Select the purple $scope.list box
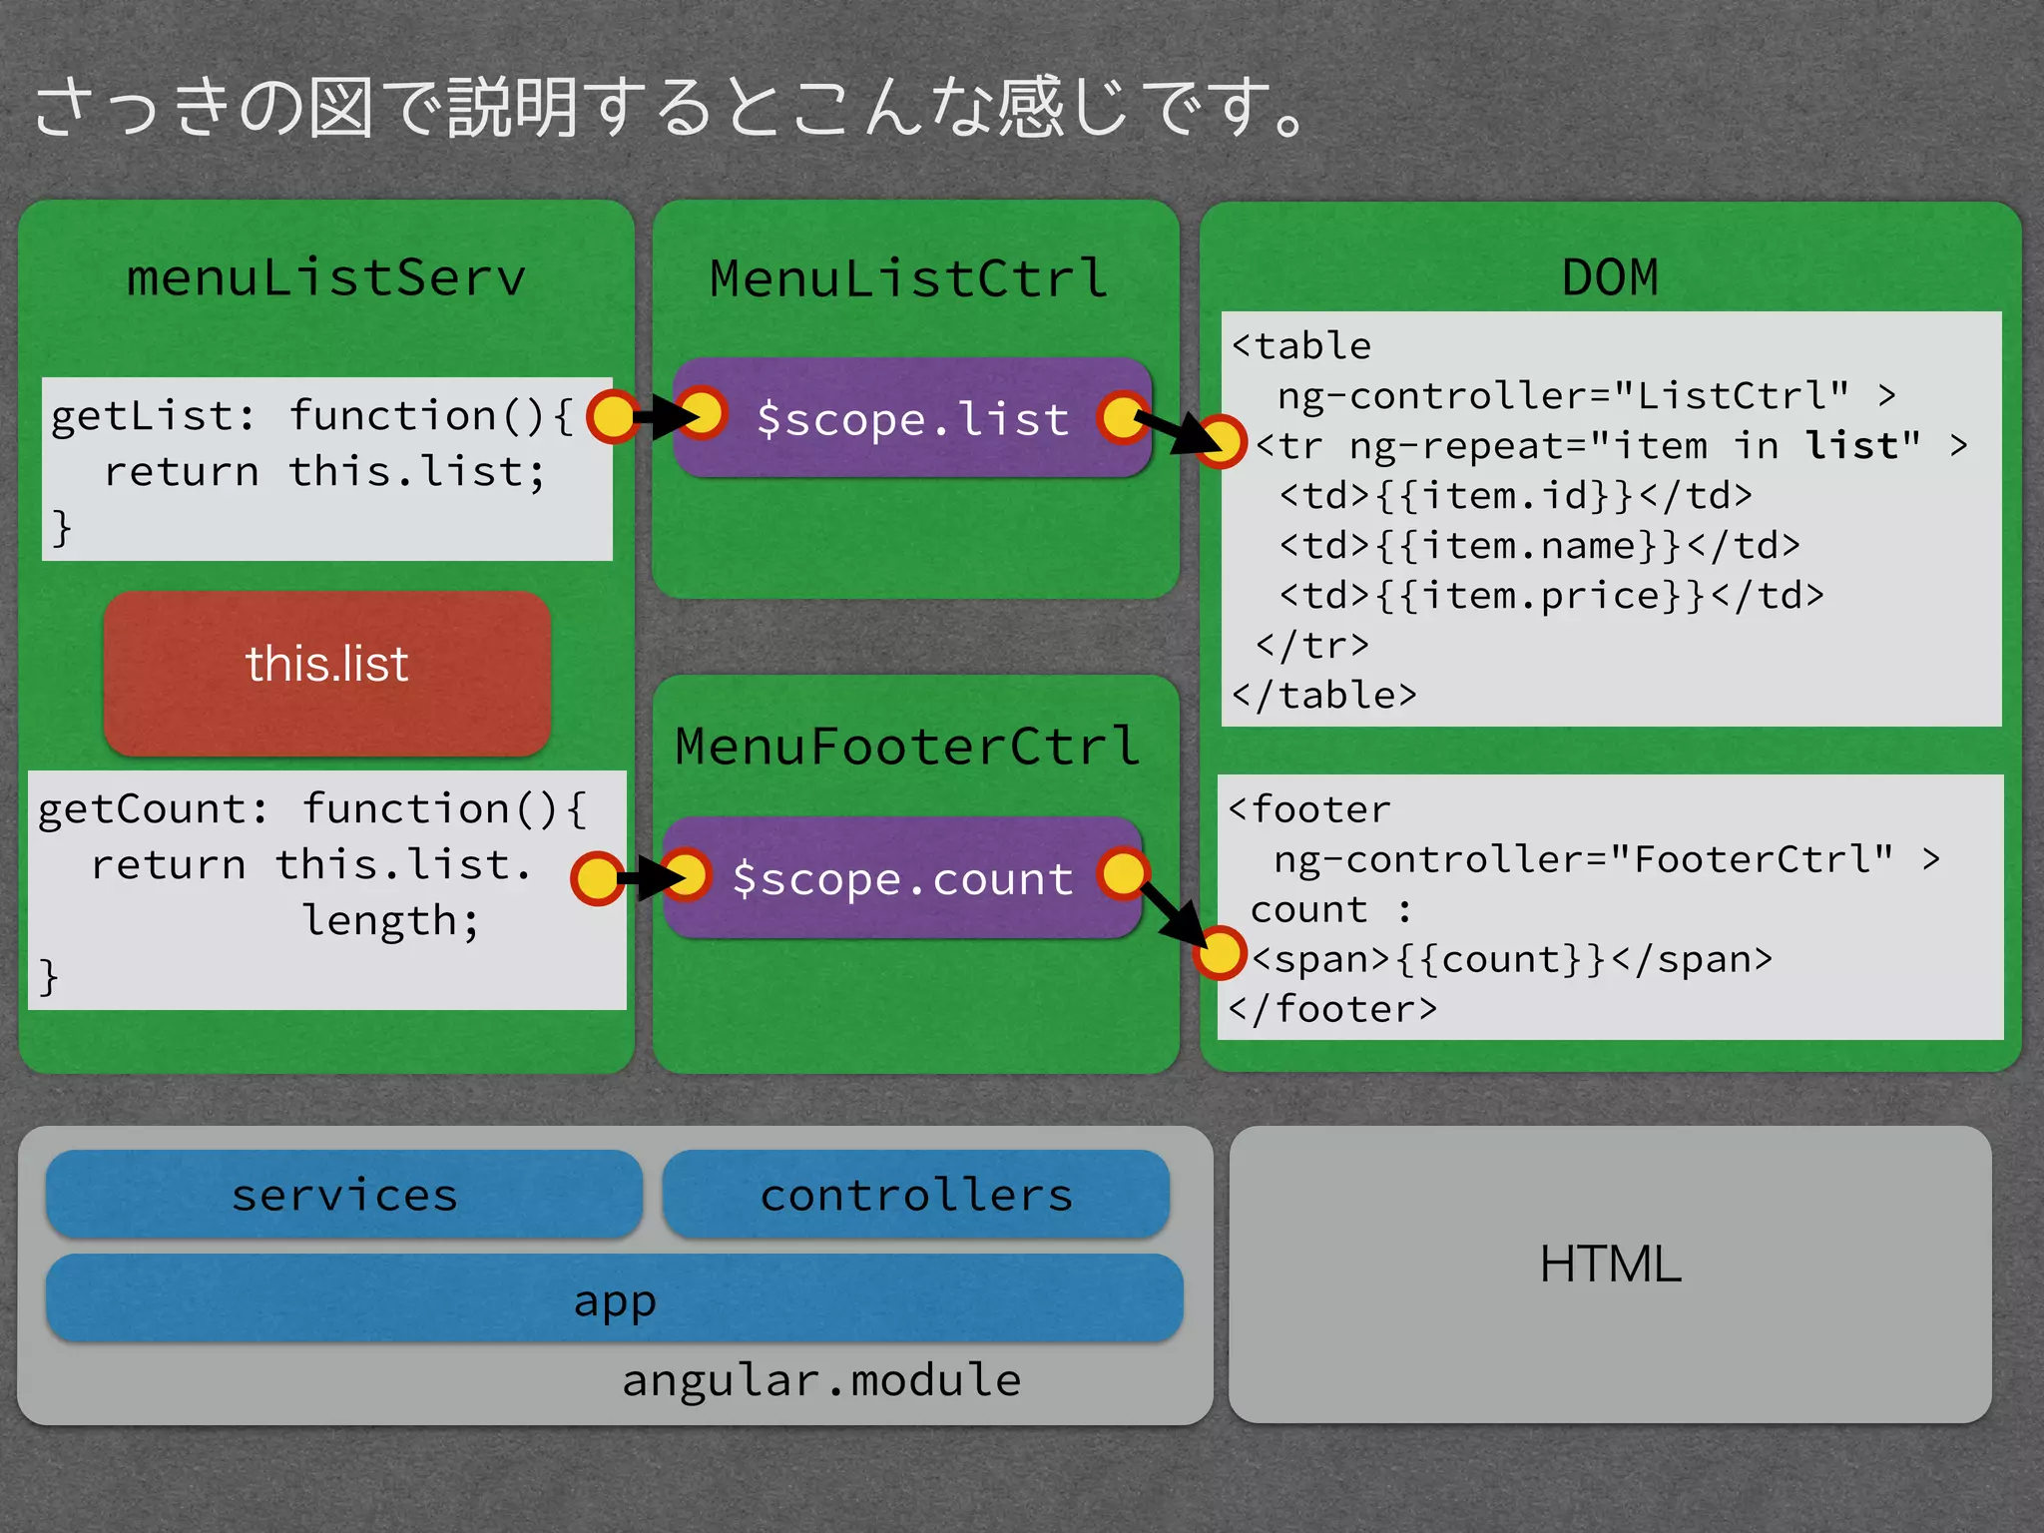coord(911,418)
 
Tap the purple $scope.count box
coord(901,878)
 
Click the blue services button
coord(343,1195)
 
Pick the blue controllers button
coord(915,1195)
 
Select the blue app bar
coord(614,1298)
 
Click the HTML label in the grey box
coord(1610,1264)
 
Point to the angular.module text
coord(820,1380)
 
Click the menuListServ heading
coord(325,277)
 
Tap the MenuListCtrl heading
coord(908,278)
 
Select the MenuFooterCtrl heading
coord(907,747)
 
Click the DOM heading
coord(1609,277)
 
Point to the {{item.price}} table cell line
coord(1551,596)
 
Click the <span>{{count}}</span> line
coord(1511,959)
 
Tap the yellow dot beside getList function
coord(612,416)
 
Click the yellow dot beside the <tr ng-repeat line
coord(1221,441)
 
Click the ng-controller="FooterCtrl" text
coord(1583,858)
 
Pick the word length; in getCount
coord(390,919)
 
